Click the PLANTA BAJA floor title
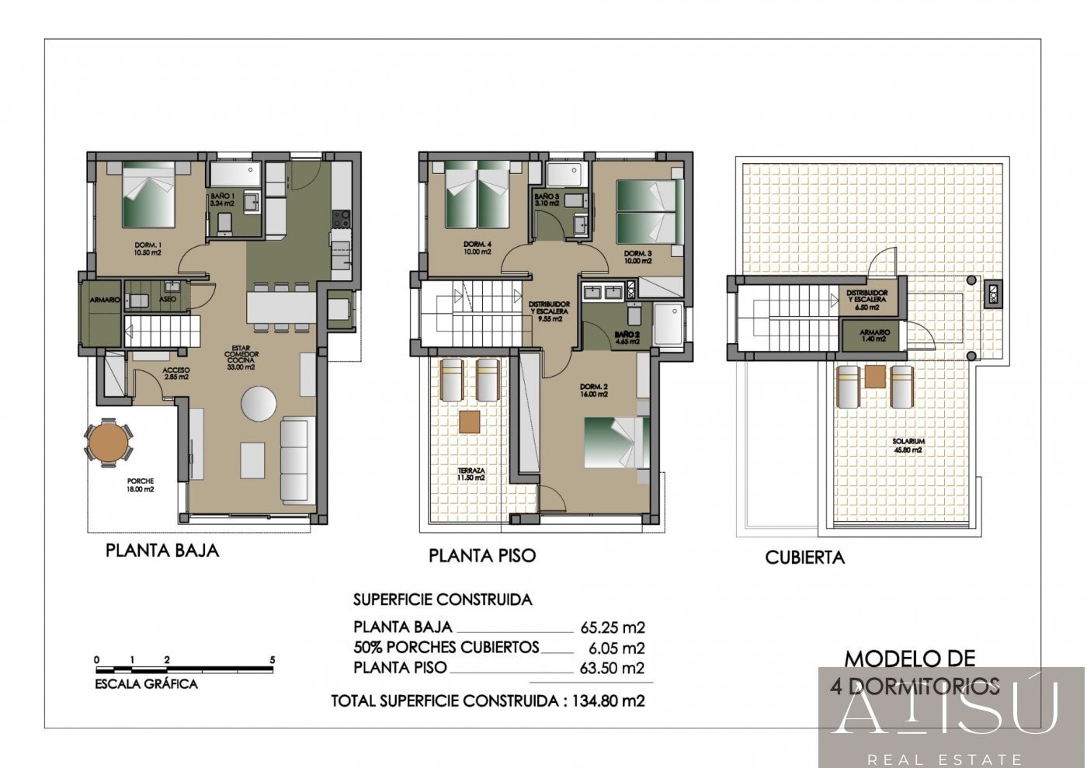click(162, 551)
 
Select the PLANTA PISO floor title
click(482, 555)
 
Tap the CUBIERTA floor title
click(804, 557)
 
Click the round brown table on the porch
click(108, 442)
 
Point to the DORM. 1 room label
click(147, 248)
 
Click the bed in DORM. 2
click(616, 443)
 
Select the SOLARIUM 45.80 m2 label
click(908, 445)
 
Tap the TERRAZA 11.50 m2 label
click(471, 474)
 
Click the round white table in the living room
click(259, 404)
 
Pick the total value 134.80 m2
click(609, 700)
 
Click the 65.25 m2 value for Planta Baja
click(613, 627)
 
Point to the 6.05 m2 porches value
click(617, 648)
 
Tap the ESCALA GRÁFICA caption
click(146, 684)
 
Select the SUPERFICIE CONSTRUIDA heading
click(443, 599)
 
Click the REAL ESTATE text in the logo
click(944, 759)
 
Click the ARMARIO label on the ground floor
click(105, 300)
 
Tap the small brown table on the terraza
click(469, 422)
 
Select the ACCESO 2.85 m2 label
click(176, 374)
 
